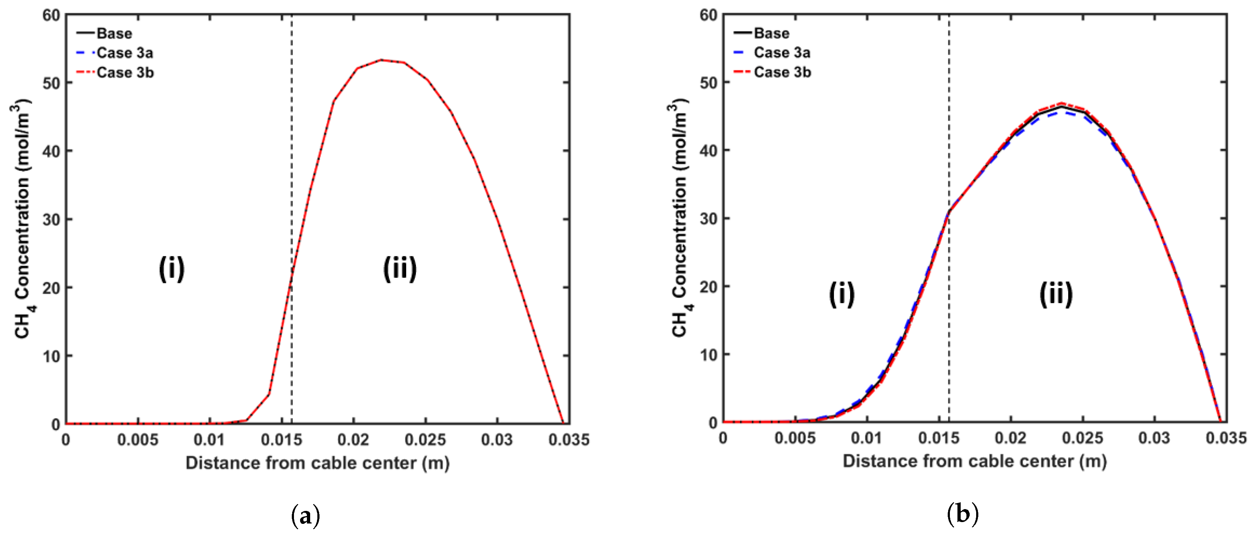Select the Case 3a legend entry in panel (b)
coord(781,52)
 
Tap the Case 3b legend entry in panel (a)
coord(125,73)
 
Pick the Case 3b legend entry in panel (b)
coord(782,72)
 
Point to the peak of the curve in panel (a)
coord(381,60)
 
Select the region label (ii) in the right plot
coord(1056,294)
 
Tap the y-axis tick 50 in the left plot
coord(51,83)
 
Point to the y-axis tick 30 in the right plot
coord(708,219)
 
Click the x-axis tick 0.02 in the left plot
coord(353,440)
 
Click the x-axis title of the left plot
coord(317,462)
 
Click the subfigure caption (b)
coord(963,514)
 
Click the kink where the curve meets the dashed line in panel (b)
coord(948,212)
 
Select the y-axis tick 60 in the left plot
coord(51,15)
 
